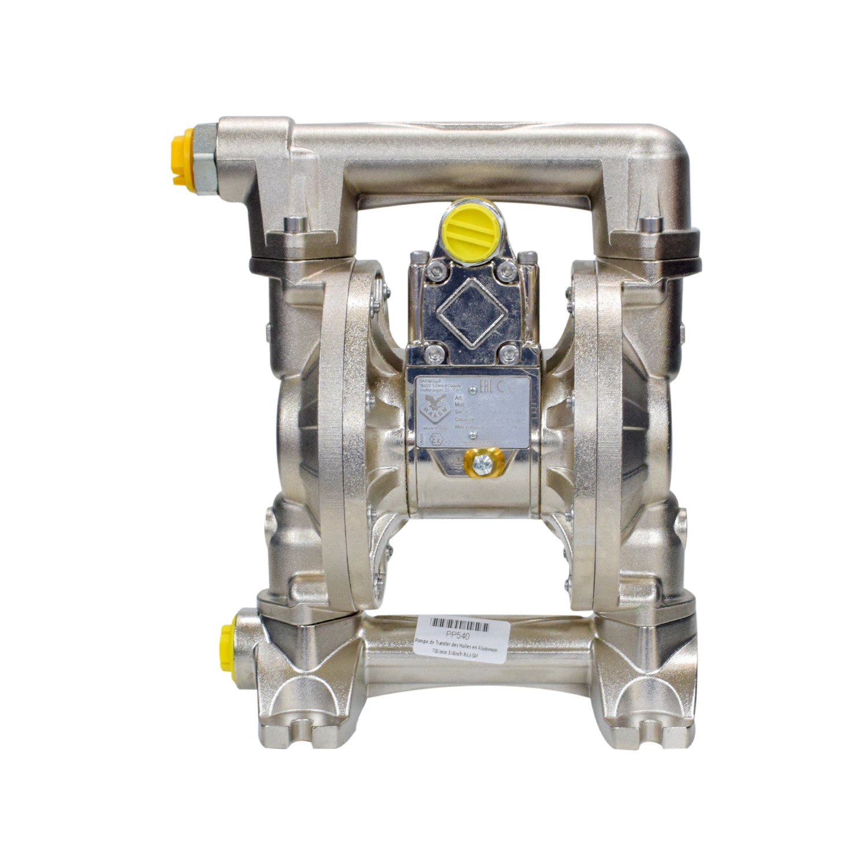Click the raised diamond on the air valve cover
pos(467,305)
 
